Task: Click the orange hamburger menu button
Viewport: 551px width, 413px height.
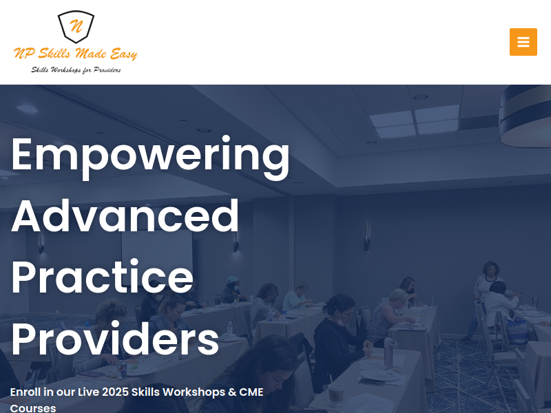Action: click(x=523, y=42)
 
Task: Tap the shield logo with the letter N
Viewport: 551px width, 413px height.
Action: click(x=76, y=27)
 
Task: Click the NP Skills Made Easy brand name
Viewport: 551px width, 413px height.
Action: click(x=76, y=54)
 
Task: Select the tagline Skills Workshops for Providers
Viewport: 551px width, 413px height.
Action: click(x=76, y=70)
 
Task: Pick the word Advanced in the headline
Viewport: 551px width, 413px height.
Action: click(x=125, y=215)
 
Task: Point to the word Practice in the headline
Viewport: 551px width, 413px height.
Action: click(x=103, y=277)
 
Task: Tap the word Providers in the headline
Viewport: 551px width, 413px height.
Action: click(x=115, y=338)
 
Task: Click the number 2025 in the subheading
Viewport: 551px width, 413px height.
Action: click(x=115, y=392)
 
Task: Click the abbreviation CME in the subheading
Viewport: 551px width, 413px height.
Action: click(x=251, y=392)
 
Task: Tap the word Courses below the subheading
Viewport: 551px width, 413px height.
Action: click(x=33, y=408)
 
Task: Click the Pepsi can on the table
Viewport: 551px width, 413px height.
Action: click(x=122, y=370)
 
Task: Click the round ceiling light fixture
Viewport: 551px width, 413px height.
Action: click(x=526, y=116)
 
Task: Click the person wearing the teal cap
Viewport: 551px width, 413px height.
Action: click(x=232, y=290)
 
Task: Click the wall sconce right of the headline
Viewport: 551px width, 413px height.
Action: click(x=366, y=237)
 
